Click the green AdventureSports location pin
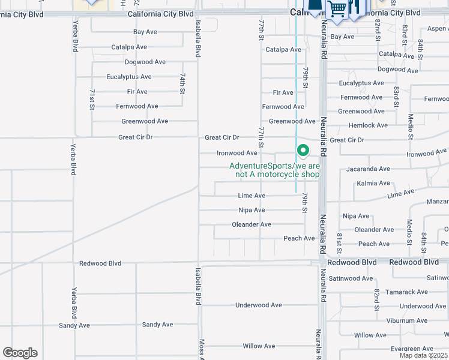click(x=303, y=151)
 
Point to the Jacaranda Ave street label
click(x=369, y=169)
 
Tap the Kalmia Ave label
click(x=373, y=184)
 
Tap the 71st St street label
click(x=92, y=99)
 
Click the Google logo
click(x=20, y=353)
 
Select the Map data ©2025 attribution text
click(x=423, y=355)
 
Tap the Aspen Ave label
click(x=435, y=29)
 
